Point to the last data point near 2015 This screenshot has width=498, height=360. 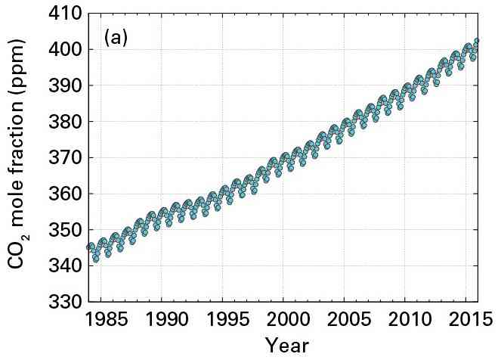(x=477, y=41)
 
